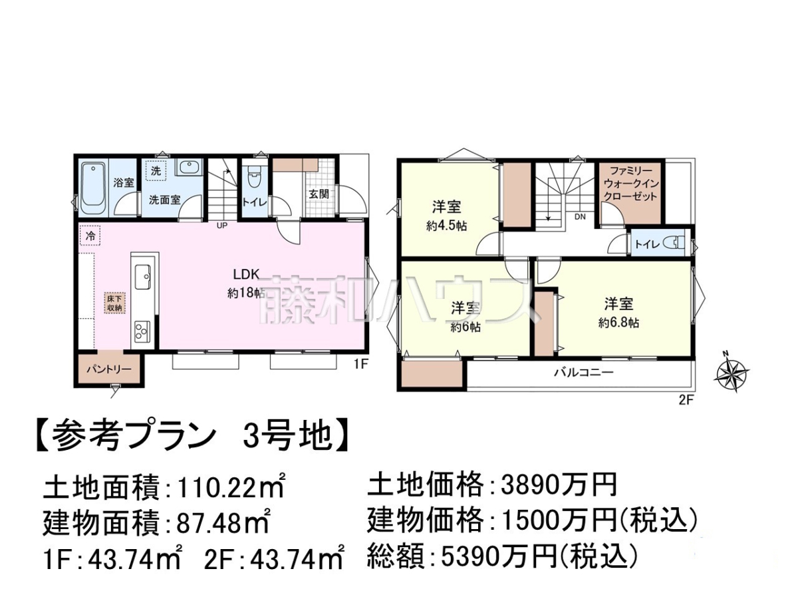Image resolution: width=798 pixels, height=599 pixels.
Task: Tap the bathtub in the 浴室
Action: coord(94,190)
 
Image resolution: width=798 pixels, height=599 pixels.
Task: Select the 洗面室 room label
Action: coord(164,200)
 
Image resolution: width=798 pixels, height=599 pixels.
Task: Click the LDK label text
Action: coord(246,274)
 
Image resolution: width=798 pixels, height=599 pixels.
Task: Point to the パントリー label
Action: coord(108,369)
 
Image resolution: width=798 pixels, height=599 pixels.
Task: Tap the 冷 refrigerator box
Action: coord(90,236)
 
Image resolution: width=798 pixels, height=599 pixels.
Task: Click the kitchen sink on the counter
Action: coord(143,277)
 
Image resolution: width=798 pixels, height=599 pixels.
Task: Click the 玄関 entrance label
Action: coord(319,194)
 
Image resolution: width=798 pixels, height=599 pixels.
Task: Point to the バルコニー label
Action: coord(584,372)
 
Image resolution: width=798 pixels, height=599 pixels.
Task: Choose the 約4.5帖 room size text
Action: coord(446,226)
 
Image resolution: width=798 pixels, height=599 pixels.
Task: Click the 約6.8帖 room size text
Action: coord(618,323)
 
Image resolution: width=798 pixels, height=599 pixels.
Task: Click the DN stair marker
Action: coord(581,217)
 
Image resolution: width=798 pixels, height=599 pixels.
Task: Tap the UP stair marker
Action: coord(221,226)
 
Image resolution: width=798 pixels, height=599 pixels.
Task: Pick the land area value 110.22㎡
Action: coord(230,489)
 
